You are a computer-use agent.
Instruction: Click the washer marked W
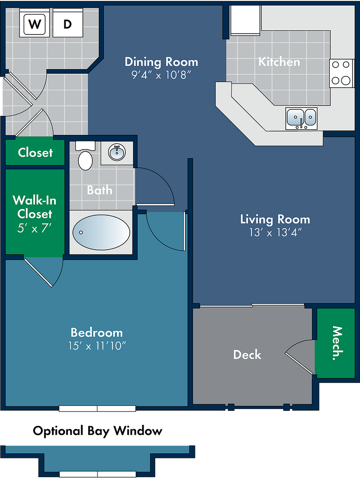35,23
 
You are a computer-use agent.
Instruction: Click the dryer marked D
68,23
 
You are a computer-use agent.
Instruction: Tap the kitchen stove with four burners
341,73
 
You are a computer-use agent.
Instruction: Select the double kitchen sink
302,118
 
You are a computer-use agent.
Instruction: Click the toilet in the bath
85,156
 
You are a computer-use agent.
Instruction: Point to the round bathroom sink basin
117,153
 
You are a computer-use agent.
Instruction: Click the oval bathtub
101,232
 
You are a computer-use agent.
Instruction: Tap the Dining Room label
161,62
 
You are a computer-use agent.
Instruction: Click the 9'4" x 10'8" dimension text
161,75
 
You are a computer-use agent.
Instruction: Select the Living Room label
275,219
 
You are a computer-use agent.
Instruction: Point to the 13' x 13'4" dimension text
275,232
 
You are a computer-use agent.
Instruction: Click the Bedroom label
97,332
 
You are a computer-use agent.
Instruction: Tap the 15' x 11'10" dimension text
97,346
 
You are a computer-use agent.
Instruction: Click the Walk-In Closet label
35,207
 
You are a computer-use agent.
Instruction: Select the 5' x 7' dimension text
35,228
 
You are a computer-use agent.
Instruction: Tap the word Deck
247,355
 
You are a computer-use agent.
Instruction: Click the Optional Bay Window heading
97,431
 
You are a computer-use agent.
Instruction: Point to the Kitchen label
279,62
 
